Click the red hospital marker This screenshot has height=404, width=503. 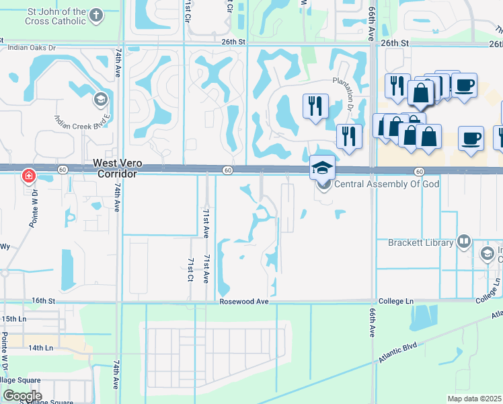[29, 177]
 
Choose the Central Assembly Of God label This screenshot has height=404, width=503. [368, 184]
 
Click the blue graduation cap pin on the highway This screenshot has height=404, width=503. [322, 168]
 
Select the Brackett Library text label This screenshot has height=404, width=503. [421, 242]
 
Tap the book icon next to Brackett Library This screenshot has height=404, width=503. [463, 242]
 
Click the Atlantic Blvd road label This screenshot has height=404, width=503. [397, 352]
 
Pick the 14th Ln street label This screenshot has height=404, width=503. [40, 348]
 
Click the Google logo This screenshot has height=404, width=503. [22, 396]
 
